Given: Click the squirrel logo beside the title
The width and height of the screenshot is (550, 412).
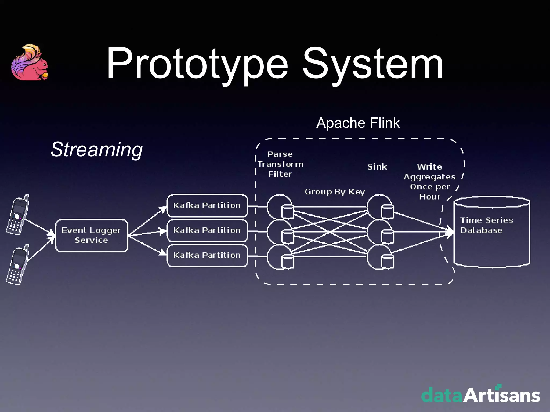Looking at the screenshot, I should [30, 63].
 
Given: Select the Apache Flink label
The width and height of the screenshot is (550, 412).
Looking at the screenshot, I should [358, 123].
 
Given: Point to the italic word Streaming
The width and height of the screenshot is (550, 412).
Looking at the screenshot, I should [96, 149].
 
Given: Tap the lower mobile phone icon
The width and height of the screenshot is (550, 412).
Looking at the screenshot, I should [18, 265].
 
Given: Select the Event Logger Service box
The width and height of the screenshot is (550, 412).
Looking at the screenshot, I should [91, 236].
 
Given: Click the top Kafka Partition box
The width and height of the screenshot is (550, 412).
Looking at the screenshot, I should [207, 205].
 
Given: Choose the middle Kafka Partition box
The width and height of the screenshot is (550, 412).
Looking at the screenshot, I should [207, 230].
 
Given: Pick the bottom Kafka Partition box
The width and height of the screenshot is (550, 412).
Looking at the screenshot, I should [207, 255].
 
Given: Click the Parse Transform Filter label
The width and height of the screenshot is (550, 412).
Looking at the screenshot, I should [280, 164].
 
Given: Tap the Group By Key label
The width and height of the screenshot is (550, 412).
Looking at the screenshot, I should [335, 192].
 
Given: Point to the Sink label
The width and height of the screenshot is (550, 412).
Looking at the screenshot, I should [377, 167].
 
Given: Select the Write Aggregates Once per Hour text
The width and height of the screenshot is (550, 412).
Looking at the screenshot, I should [430, 182].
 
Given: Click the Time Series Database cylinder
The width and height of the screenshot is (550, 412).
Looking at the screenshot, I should [491, 232].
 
